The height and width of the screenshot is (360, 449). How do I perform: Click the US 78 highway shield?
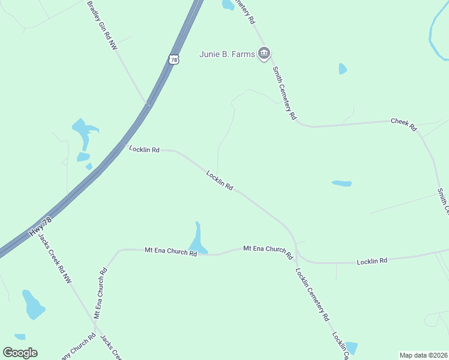[x=173, y=59]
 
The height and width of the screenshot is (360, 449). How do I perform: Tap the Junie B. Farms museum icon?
[x=264, y=54]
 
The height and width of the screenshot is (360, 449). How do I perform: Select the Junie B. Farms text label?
[x=228, y=55]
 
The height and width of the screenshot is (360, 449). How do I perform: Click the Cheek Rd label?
[x=403, y=124]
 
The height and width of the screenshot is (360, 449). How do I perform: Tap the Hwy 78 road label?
[x=40, y=227]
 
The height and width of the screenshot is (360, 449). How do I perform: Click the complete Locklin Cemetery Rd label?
[x=312, y=294]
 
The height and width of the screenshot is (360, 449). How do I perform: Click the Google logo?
[x=20, y=353]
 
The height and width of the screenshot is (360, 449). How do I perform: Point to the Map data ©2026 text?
[x=423, y=355]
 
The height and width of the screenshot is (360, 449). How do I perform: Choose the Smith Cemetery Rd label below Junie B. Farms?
[x=285, y=93]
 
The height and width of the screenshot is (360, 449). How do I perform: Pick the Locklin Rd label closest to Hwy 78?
[x=144, y=149]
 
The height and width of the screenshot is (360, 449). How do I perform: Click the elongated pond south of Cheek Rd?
[x=341, y=183]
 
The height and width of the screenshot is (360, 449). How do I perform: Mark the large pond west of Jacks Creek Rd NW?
[x=32, y=305]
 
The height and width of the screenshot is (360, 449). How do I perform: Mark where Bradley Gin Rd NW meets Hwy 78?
[x=148, y=104]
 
